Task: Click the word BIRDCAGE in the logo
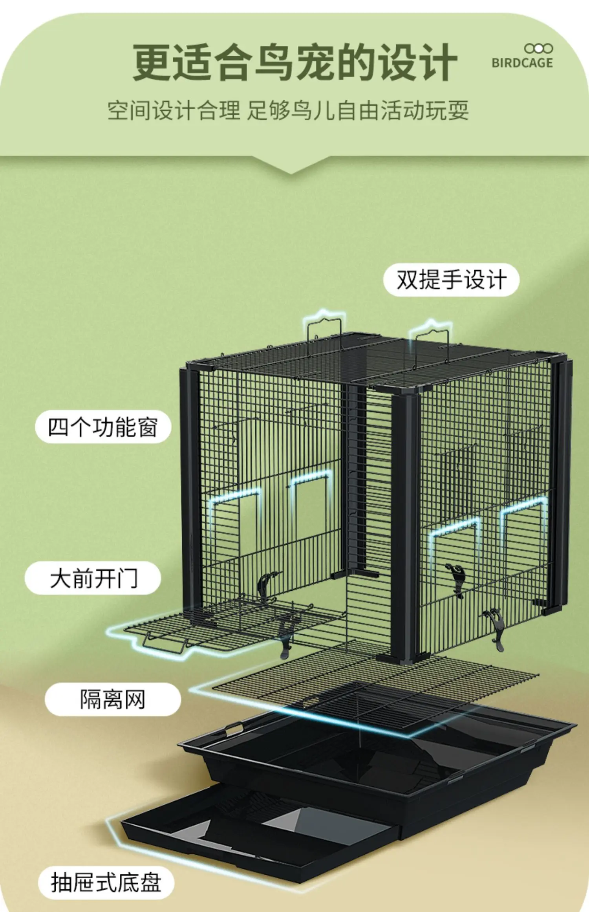pyautogui.click(x=522, y=63)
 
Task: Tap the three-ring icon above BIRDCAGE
pyautogui.click(x=538, y=49)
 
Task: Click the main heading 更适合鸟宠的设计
pyautogui.click(x=295, y=63)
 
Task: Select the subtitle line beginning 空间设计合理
pyautogui.click(x=288, y=110)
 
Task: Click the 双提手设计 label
pyautogui.click(x=451, y=280)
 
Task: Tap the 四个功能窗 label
pyautogui.click(x=103, y=427)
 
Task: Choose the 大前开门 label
pyautogui.click(x=93, y=578)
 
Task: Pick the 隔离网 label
pyautogui.click(x=113, y=700)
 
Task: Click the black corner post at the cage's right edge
pyautogui.click(x=562, y=483)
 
